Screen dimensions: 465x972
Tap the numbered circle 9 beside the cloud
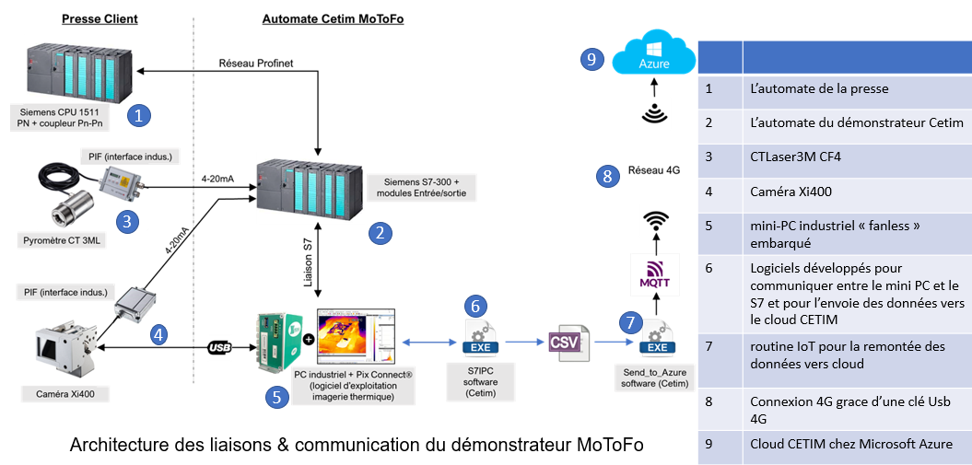click(593, 60)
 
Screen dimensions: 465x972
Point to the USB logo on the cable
click(218, 348)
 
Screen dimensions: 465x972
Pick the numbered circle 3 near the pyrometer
click(129, 221)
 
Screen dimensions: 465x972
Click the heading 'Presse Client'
click(100, 18)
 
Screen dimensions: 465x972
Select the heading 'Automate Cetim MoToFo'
click(321, 18)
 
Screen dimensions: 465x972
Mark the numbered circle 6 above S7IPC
click(474, 306)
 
